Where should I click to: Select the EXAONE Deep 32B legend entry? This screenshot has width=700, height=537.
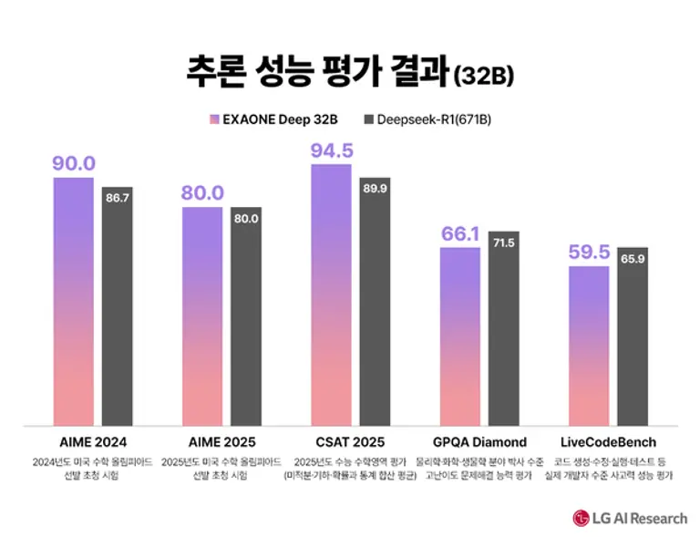279,119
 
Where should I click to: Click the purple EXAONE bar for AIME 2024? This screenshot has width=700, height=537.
74,301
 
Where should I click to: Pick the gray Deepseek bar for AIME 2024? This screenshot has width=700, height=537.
117,310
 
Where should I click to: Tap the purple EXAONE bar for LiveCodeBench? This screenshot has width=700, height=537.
589,346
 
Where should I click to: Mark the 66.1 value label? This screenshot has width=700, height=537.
460,234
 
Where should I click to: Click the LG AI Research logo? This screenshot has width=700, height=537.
630,518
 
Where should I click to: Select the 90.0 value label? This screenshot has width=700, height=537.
74,163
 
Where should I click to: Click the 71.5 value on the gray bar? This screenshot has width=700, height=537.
504,243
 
